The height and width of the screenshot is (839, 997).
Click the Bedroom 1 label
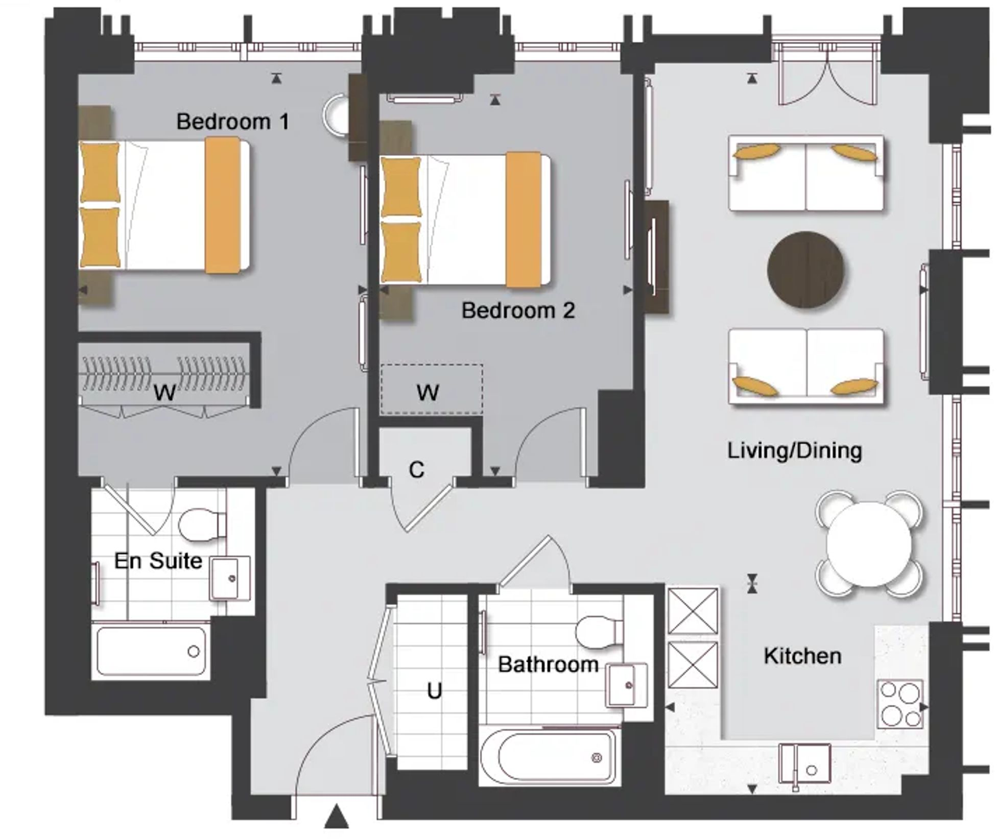click(232, 122)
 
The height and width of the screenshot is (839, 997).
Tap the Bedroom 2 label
click(518, 310)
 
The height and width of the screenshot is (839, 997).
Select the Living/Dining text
click(794, 450)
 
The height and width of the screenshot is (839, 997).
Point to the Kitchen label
click(802, 656)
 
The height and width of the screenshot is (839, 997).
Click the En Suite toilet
click(202, 524)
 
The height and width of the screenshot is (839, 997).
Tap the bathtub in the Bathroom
click(550, 757)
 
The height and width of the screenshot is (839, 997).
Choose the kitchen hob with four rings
click(900, 703)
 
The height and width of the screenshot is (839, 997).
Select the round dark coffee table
click(805, 270)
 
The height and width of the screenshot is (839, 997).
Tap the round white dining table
click(869, 544)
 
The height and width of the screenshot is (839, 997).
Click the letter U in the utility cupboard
click(434, 691)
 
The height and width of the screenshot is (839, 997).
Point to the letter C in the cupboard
click(417, 470)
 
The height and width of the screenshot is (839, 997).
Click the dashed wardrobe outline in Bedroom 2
click(432, 389)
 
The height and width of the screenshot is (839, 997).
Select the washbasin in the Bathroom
click(626, 684)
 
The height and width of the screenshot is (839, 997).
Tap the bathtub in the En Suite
click(151, 651)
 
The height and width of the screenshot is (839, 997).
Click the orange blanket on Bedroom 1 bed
click(223, 205)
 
